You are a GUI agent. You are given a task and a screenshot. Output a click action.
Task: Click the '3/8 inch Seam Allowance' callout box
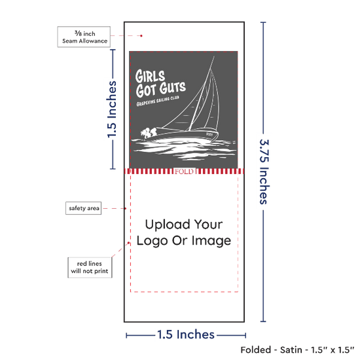coord(84,37)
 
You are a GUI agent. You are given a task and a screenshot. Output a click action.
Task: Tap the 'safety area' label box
coord(84,208)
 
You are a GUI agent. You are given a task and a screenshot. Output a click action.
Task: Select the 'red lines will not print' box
coord(90,268)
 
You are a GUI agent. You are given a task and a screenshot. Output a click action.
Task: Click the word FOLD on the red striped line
coord(184,171)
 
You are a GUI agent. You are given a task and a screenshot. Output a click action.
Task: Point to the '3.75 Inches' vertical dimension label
coord(264,171)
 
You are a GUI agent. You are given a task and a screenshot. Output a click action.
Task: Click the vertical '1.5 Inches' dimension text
coord(112,109)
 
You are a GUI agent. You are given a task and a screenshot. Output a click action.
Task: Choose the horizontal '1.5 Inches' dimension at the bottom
coord(186,334)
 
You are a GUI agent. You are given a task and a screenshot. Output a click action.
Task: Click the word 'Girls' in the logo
coord(150,76)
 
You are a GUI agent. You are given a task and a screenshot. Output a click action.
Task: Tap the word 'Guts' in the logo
coord(173,88)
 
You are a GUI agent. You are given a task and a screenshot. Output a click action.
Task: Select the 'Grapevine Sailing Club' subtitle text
coord(158,101)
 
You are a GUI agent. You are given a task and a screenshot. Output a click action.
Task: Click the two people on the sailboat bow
coord(149,133)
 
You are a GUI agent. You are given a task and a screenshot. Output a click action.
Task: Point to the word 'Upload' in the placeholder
coord(168,225)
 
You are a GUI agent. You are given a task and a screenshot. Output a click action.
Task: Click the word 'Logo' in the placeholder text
coord(152,242)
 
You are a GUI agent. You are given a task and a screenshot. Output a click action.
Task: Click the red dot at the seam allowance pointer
coord(141,36)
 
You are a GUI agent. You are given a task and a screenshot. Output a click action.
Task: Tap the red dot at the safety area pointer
coord(126,208)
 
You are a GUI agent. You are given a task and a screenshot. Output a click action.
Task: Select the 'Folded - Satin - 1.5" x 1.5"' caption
coord(297,350)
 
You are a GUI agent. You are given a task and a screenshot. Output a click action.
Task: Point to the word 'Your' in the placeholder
coord(208,225)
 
